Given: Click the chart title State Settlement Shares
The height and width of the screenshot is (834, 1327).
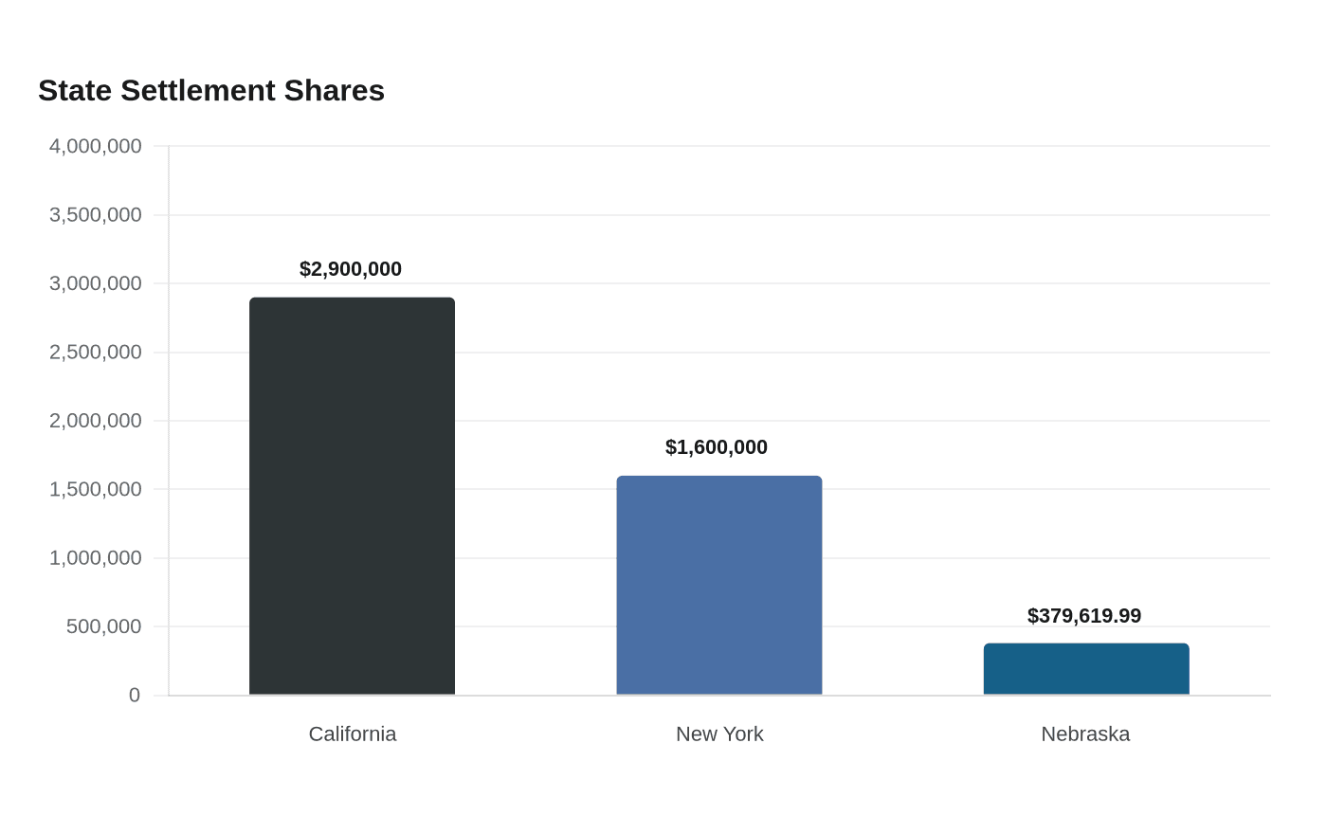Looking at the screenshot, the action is (x=211, y=91).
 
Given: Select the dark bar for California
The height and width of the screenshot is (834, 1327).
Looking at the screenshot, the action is (x=352, y=496).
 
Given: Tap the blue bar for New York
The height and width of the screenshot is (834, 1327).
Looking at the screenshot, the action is (x=719, y=586).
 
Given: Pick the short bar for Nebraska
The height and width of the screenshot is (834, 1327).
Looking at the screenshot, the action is (x=1086, y=669).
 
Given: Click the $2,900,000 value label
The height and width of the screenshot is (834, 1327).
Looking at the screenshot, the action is (x=351, y=269).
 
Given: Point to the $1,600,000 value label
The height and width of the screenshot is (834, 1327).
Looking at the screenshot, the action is (x=717, y=447).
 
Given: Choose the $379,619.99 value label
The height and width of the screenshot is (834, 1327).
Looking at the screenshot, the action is (x=1084, y=616).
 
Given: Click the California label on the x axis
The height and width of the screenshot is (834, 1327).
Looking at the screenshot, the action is (x=353, y=734).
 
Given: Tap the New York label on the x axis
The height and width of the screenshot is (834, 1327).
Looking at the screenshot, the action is (x=719, y=734).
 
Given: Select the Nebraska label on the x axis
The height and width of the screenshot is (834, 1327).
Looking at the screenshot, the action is (x=1085, y=734).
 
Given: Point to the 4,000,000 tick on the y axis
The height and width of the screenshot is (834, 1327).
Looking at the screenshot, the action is (x=96, y=146).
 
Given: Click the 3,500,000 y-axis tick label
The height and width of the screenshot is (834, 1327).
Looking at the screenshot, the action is (x=96, y=215).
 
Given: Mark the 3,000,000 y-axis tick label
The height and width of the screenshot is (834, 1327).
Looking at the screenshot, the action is (x=96, y=283).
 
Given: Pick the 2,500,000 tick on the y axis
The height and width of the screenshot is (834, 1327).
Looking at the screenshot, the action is (x=96, y=353).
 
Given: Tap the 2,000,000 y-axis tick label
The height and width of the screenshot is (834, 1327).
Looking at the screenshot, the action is (x=96, y=421).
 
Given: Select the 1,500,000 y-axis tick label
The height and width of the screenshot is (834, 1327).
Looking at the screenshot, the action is (x=96, y=489).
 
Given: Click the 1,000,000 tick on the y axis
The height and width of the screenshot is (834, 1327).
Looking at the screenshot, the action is (x=96, y=558).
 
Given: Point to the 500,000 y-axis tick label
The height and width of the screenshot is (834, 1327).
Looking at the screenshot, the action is (x=103, y=626).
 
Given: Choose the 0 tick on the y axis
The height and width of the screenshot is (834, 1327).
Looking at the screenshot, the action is (x=135, y=696).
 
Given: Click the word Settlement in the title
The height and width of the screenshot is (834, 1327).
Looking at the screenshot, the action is (x=198, y=91).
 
